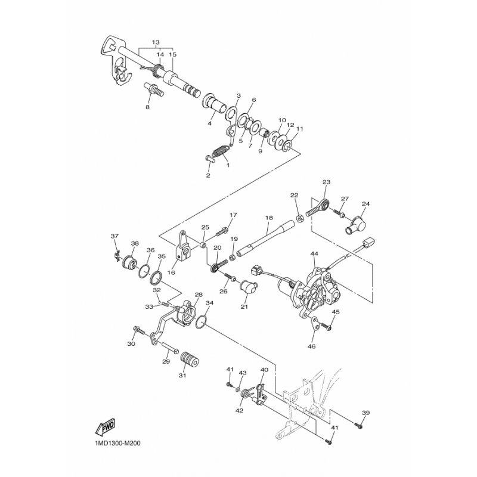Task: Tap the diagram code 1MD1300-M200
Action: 115,443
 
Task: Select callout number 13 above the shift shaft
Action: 156,42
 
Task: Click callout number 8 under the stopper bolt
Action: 147,107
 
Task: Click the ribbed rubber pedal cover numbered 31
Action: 190,361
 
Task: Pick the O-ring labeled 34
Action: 202,322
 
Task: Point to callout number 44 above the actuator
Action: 314,253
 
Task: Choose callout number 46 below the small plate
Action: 312,346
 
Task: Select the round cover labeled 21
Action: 249,287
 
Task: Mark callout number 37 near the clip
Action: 114,236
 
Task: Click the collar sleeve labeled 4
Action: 215,104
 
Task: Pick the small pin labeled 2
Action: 210,159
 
